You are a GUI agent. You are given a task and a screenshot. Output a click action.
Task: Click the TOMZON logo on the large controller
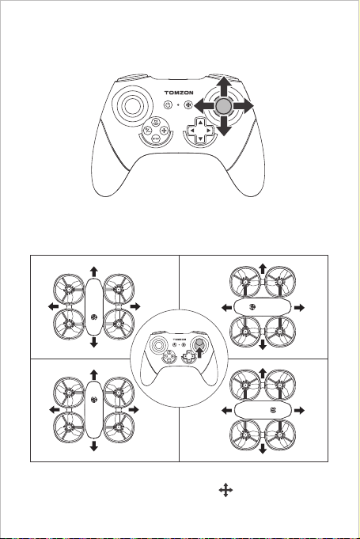coord(179,93)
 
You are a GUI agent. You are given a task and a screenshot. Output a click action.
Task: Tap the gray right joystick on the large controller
coord(224,106)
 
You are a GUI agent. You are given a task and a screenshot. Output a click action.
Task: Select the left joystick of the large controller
coord(132,106)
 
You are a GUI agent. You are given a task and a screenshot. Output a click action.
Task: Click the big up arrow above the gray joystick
coord(224,86)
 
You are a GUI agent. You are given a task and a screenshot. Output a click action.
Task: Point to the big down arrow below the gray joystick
coord(224,126)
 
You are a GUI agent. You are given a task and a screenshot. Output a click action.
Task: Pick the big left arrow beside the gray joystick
coord(204,106)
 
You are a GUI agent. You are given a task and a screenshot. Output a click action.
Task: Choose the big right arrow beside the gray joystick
coord(243,106)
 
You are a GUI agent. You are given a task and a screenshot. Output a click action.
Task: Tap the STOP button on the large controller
coord(156,139)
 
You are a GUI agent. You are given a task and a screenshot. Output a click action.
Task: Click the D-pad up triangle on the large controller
coord(200,123)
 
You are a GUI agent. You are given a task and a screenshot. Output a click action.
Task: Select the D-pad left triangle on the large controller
coord(192,131)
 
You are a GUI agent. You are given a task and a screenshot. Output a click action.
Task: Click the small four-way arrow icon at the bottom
coord(225,490)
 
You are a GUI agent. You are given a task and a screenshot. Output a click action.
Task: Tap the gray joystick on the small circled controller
coord(199,344)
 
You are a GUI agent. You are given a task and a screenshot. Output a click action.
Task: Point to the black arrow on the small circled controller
coord(199,352)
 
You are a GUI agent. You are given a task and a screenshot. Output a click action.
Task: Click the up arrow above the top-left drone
coord(94,271)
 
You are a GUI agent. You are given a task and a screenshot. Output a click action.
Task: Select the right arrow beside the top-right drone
coord(299,308)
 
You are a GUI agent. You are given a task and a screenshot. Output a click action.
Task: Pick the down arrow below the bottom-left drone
coord(94,446)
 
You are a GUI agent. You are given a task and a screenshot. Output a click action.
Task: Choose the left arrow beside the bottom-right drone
coord(227,410)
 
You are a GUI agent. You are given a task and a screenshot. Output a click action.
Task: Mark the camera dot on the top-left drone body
coord(94,317)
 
